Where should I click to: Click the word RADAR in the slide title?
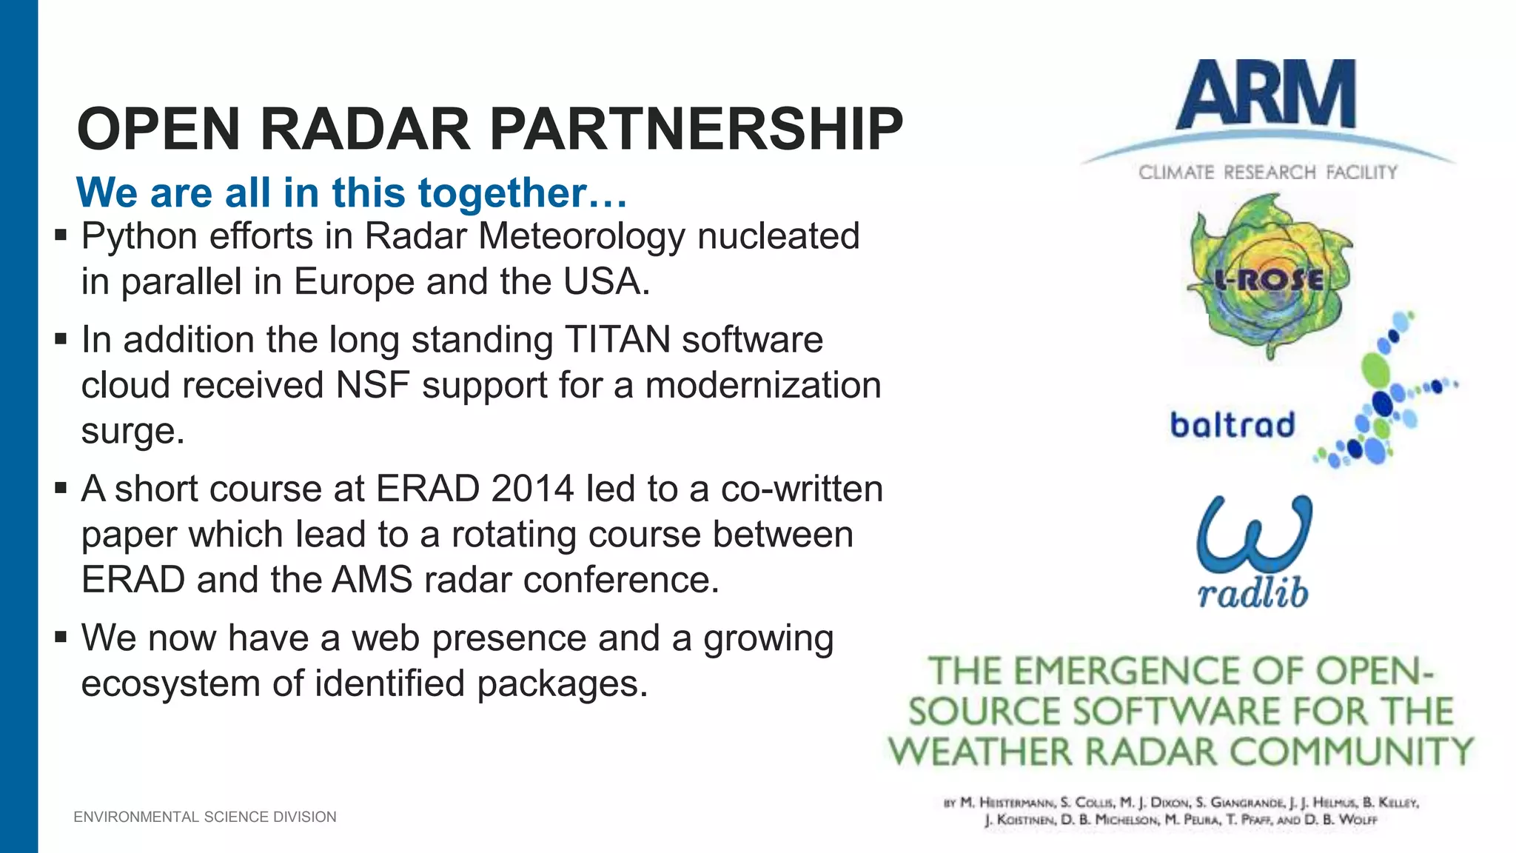365,129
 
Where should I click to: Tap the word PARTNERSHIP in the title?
696,129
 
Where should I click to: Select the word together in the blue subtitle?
503,193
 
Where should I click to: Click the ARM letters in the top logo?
1267,95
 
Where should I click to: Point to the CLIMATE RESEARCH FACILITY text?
1267,173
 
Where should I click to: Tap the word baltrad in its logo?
1232,425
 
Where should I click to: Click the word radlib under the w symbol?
1252,593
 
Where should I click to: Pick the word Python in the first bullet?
140,237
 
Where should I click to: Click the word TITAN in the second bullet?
617,340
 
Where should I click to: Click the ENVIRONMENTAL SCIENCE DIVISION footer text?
205,817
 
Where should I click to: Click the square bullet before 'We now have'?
61,637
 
